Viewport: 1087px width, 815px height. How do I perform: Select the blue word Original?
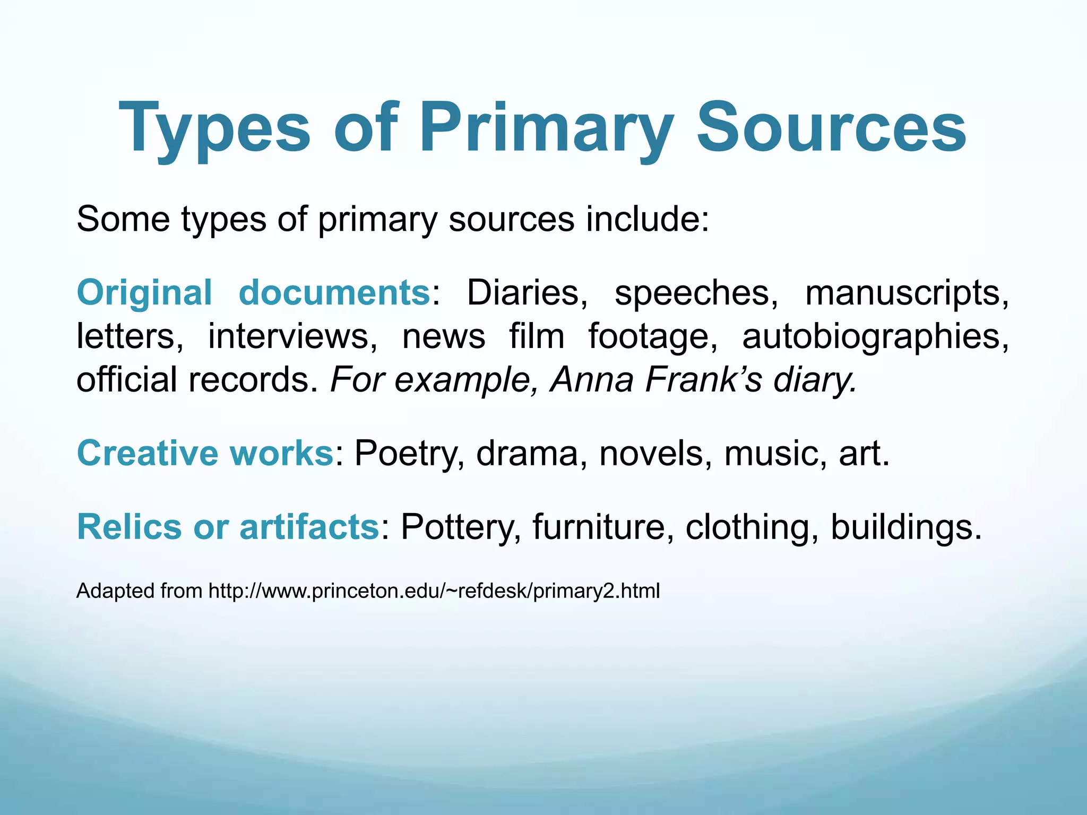coord(144,292)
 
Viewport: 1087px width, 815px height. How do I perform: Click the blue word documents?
coord(334,292)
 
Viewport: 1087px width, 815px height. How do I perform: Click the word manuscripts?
coord(907,292)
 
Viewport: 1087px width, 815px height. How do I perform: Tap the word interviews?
coord(292,336)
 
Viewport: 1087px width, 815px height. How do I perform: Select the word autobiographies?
coord(875,336)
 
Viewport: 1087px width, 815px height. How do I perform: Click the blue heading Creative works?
coord(205,453)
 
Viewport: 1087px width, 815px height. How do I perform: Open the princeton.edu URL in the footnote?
coord(434,591)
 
